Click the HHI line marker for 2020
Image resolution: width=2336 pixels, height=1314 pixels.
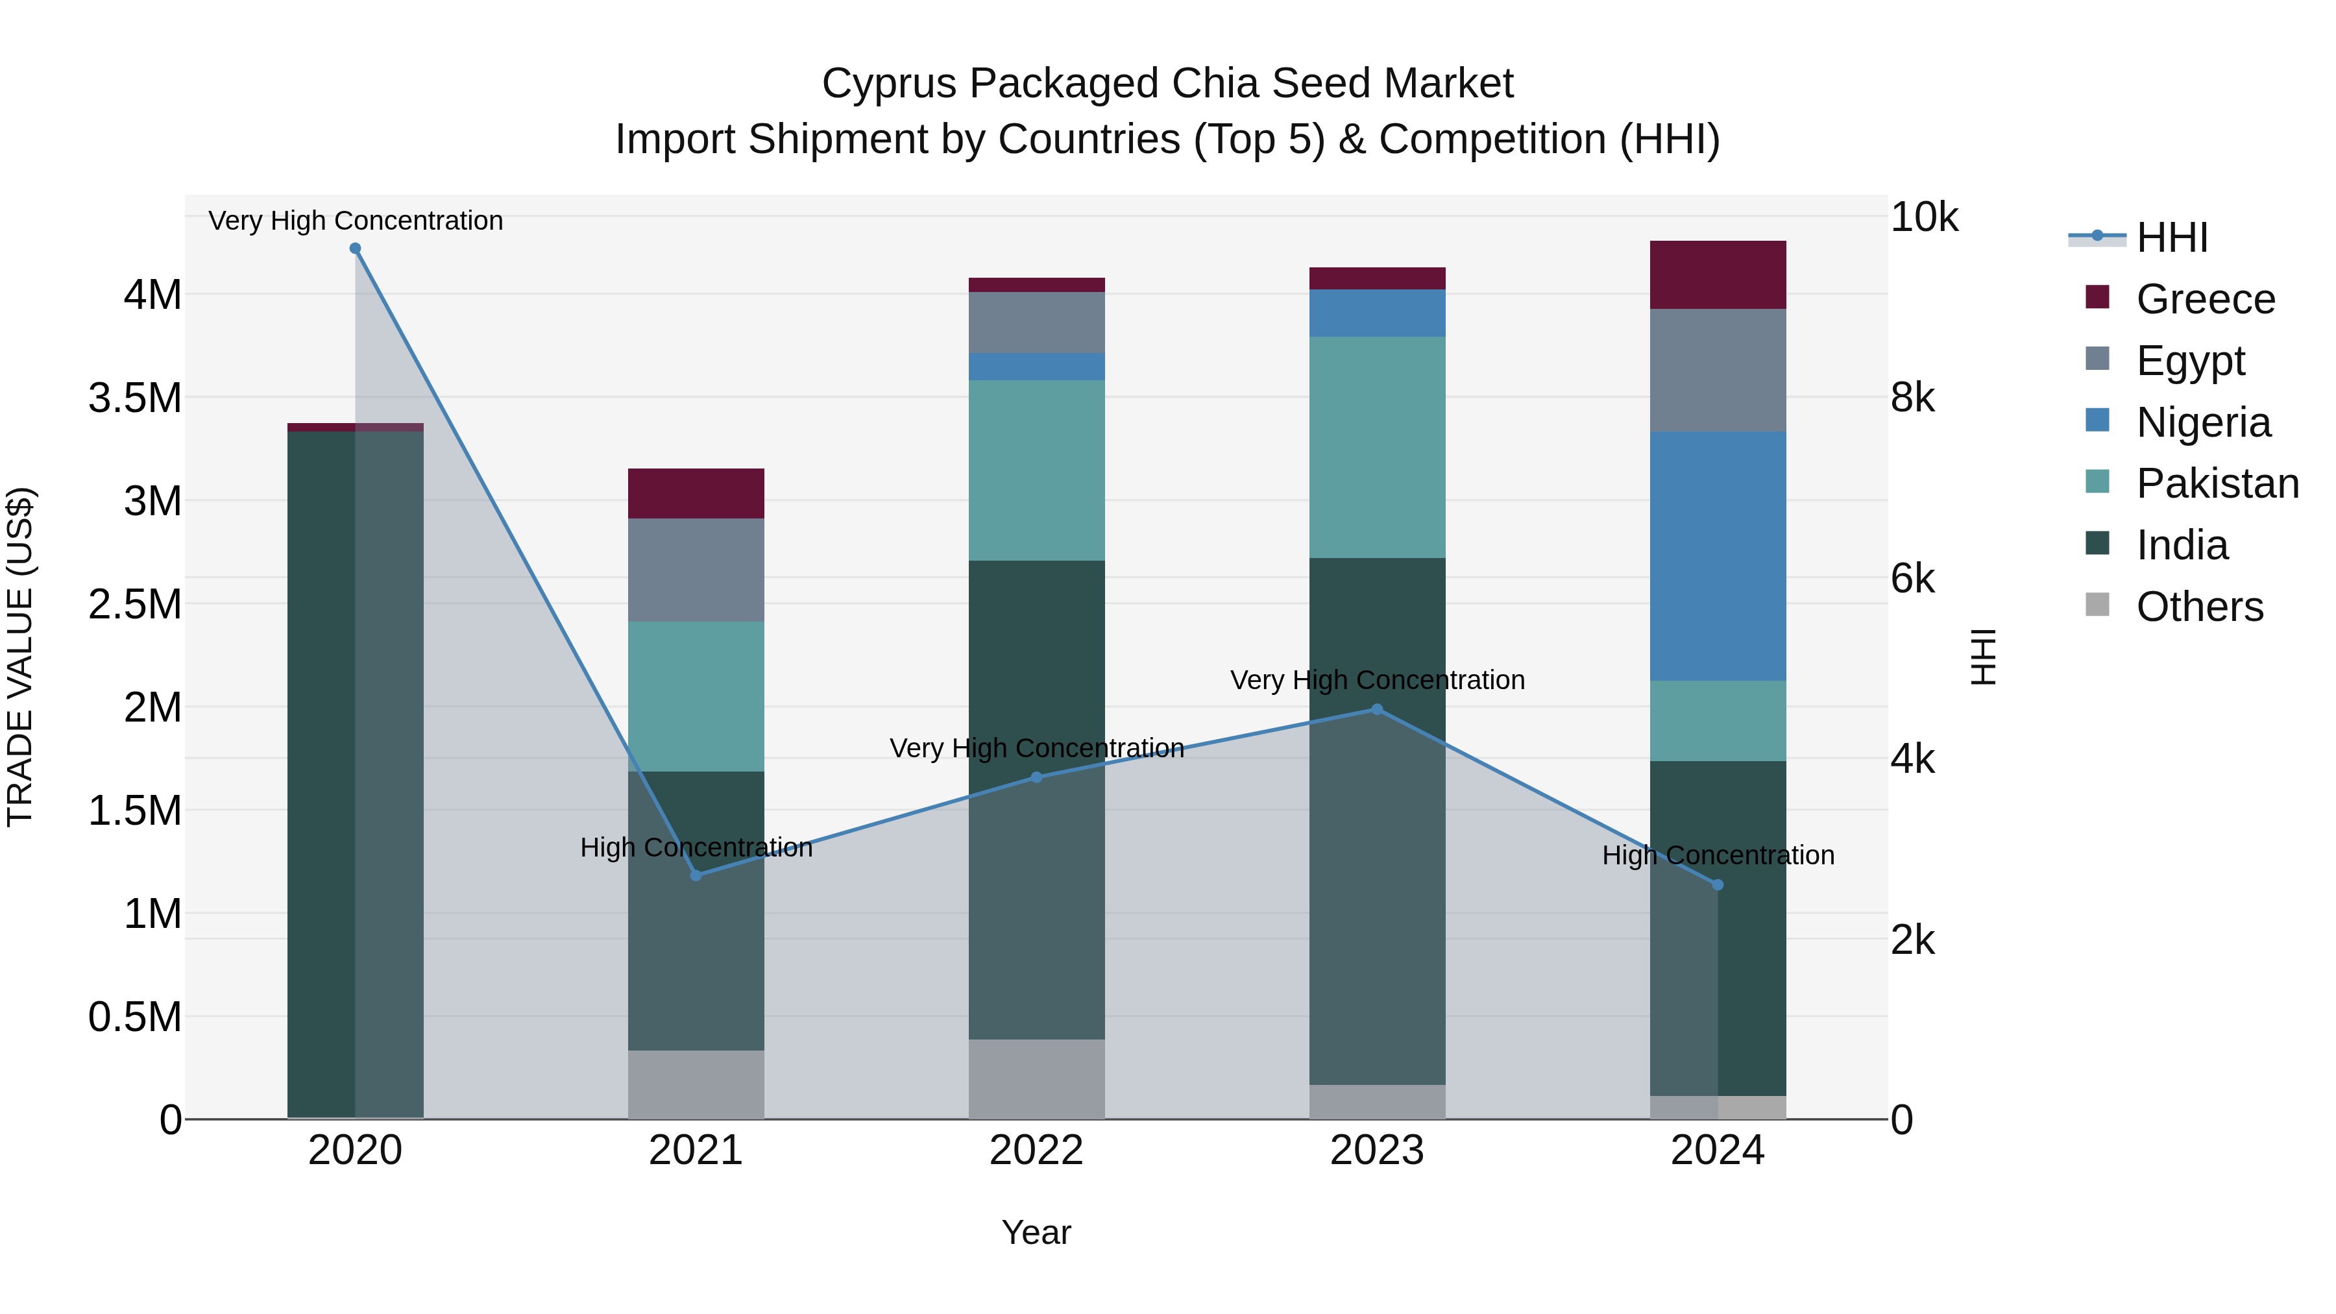coord(356,249)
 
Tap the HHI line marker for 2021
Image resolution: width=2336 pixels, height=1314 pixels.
coord(696,875)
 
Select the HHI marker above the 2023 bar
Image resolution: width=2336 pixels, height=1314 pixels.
coord(1378,709)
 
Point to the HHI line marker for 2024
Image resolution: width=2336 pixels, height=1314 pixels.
coord(1718,885)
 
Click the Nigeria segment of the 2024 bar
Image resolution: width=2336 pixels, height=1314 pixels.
coord(1718,556)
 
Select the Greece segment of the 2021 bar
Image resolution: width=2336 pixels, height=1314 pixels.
coord(696,493)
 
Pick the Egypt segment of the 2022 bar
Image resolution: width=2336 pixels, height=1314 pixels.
coord(1036,322)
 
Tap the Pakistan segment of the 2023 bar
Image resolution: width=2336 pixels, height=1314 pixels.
coord(1378,447)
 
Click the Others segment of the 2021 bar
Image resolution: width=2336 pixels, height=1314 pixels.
coord(696,1084)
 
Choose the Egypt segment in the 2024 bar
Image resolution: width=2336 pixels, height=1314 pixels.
coord(1718,370)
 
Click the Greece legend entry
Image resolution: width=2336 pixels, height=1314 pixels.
coord(2180,299)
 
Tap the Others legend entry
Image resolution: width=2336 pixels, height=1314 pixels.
coord(2174,607)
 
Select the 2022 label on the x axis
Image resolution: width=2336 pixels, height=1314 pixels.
coord(1036,1150)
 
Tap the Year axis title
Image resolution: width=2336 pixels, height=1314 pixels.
coord(1036,1232)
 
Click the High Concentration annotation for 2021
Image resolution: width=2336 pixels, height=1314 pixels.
coord(696,847)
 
